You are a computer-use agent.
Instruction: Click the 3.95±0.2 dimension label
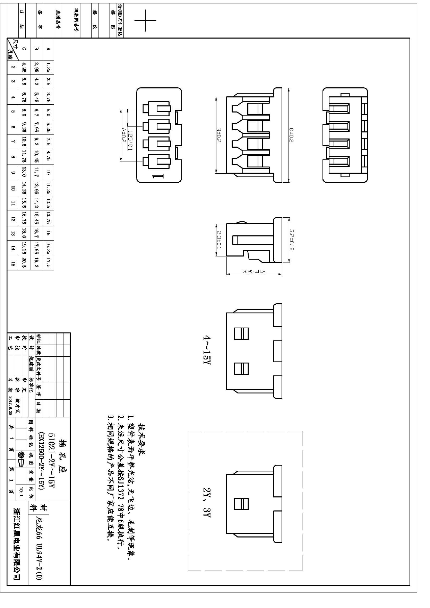click(254, 271)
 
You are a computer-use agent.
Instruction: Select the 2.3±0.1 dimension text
click(219, 240)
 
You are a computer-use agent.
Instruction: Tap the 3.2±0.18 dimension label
click(291, 240)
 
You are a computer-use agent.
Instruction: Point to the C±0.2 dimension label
click(291, 135)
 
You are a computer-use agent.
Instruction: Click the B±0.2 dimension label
click(219, 135)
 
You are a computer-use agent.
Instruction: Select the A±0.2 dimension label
click(123, 135)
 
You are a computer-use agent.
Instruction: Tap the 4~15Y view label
click(207, 350)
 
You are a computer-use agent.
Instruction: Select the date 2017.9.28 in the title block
click(10, 406)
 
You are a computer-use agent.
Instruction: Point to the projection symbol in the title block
click(21, 458)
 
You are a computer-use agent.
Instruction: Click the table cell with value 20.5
click(24, 263)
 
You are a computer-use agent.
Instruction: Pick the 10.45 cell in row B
click(36, 157)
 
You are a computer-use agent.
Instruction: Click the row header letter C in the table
click(24, 49)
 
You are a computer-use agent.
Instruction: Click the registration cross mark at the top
click(145, 20)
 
